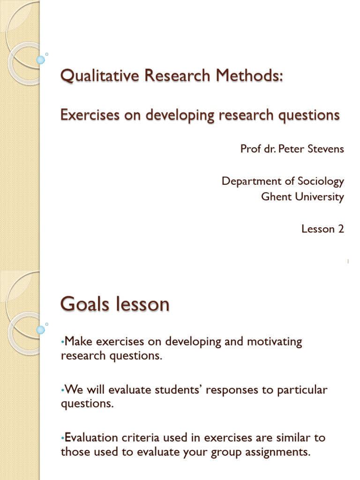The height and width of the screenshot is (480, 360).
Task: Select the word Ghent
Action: [x=276, y=197]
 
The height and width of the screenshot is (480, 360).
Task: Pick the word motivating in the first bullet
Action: [x=274, y=341]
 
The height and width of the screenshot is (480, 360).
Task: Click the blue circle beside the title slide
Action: [x=41, y=60]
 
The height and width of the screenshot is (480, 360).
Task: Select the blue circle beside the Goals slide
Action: [x=41, y=330]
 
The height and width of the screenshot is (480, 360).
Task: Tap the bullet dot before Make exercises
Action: [x=62, y=342]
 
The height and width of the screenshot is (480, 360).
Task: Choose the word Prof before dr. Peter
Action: [x=250, y=149]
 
